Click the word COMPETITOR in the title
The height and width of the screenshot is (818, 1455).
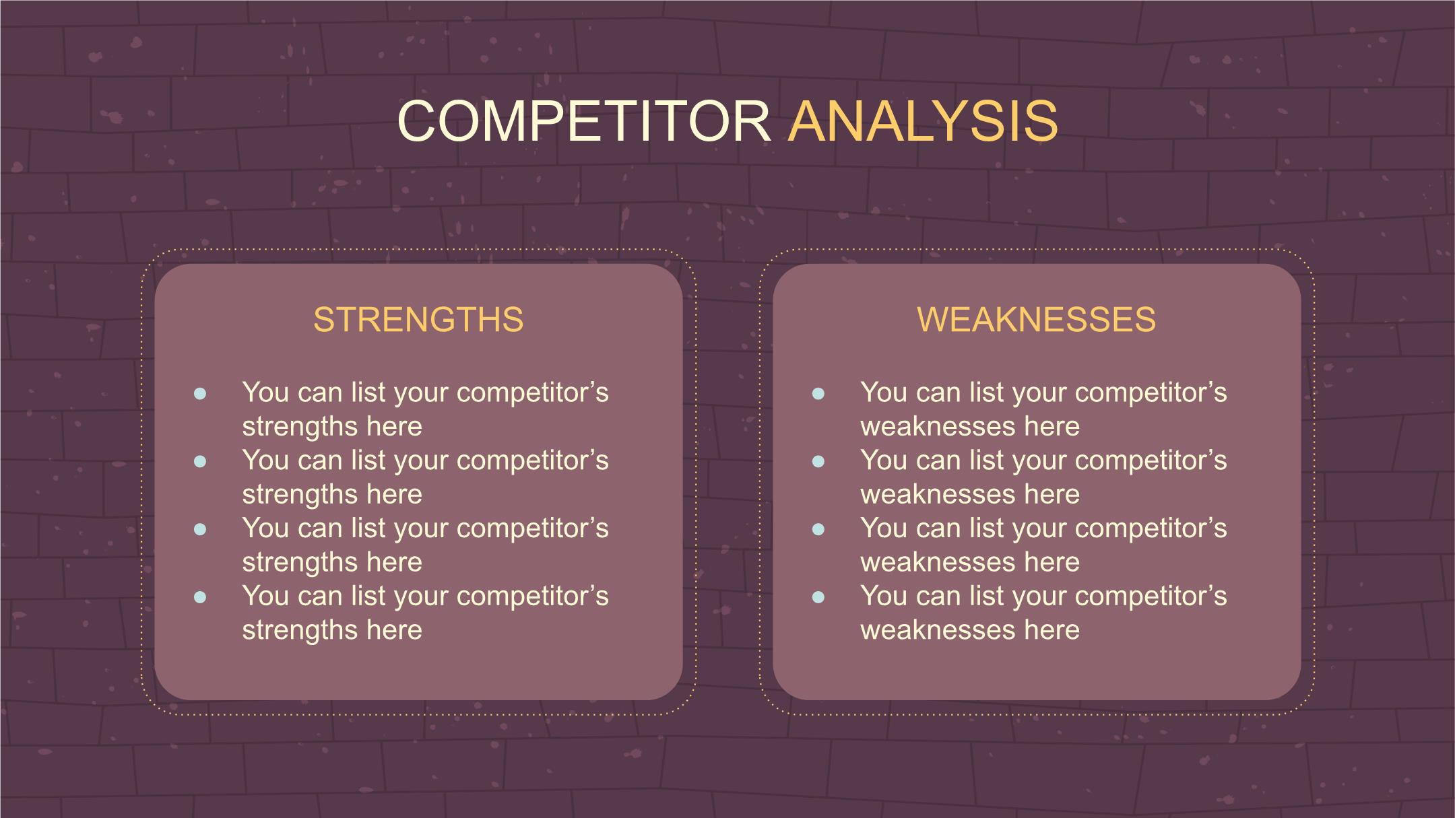point(584,121)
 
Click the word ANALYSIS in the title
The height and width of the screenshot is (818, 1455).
point(923,121)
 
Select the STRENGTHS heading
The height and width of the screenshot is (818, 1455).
point(418,319)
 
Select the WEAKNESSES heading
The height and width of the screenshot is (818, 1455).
point(1036,319)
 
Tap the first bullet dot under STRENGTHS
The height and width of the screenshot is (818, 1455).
point(200,394)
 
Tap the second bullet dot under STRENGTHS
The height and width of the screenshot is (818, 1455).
point(200,462)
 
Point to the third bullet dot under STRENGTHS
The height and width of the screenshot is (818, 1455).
point(200,529)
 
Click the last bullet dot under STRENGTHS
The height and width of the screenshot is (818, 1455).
point(200,597)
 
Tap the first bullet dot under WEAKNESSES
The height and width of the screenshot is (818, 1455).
point(818,394)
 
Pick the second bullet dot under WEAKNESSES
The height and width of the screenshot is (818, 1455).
point(818,462)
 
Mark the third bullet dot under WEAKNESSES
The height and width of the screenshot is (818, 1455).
point(818,529)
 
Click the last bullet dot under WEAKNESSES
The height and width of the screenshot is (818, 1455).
point(818,597)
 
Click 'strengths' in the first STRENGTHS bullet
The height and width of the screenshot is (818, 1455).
point(300,428)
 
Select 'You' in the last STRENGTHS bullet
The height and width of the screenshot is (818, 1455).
point(265,596)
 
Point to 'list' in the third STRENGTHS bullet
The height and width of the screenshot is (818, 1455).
point(368,528)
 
